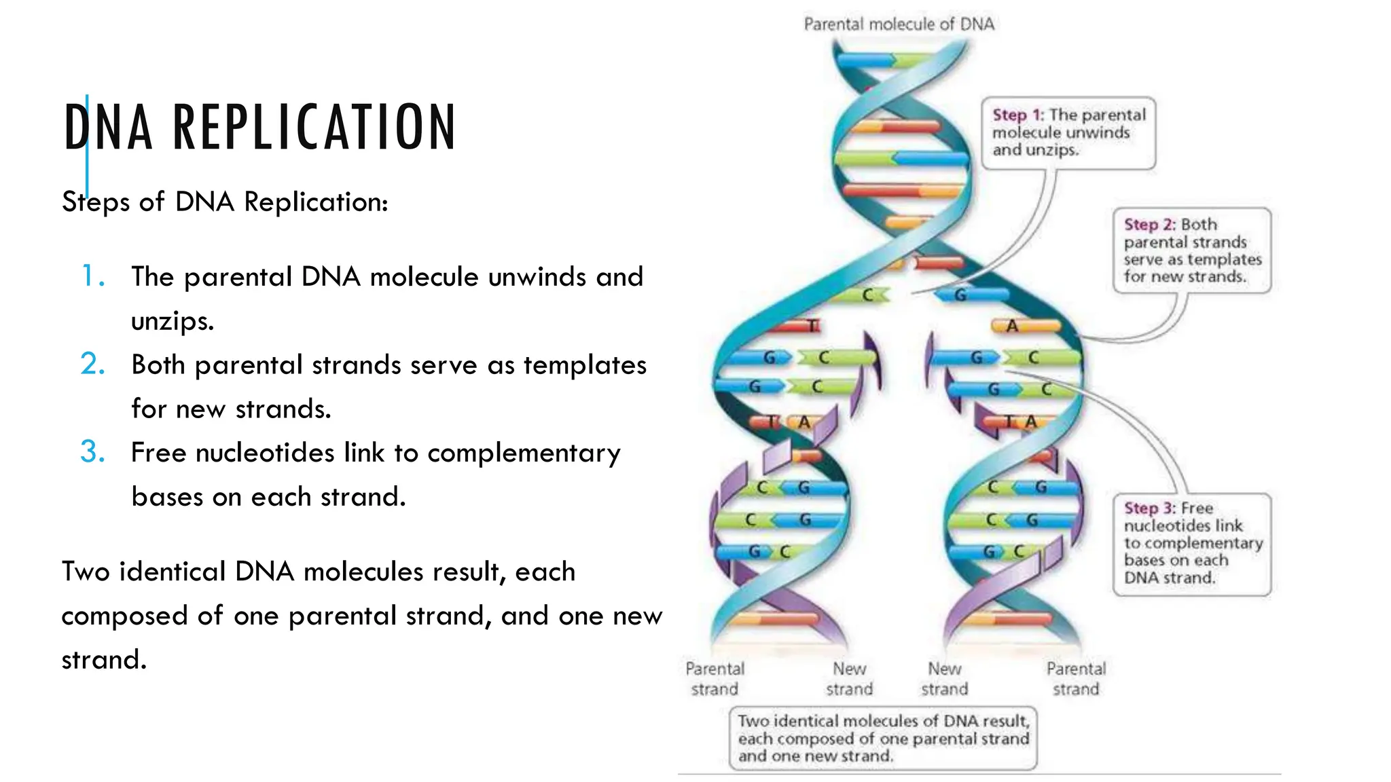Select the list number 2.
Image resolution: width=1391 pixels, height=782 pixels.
[x=93, y=365]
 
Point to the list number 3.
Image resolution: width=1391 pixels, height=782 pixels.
[x=93, y=452]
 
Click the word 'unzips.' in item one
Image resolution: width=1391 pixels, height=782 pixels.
[x=173, y=320]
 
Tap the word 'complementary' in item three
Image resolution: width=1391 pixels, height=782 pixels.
[x=524, y=453]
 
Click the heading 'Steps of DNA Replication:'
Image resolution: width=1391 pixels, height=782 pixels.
[x=225, y=202]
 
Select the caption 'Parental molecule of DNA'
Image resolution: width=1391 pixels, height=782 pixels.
[x=899, y=24]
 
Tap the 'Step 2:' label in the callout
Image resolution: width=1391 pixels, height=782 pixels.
[x=1150, y=225]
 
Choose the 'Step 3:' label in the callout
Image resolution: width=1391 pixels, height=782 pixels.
[x=1150, y=508]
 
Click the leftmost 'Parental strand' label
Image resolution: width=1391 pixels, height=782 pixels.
[x=715, y=679]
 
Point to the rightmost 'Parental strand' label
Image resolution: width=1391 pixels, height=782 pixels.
[x=1076, y=679]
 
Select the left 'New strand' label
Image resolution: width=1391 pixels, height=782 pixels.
[x=849, y=679]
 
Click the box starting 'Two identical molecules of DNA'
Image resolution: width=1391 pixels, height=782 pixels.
[x=883, y=739]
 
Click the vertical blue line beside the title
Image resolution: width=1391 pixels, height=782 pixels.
[x=87, y=146]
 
